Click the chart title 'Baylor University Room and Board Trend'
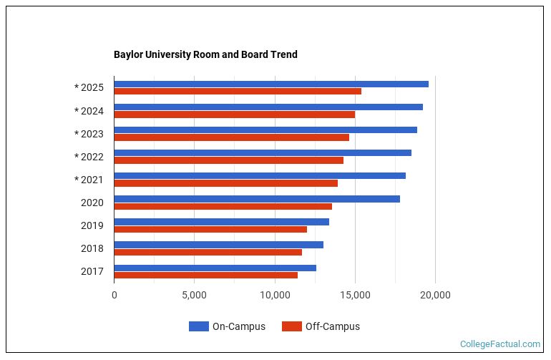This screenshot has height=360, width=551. [205, 54]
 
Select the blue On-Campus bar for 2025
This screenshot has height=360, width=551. [271, 84]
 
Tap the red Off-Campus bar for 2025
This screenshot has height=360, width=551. [238, 92]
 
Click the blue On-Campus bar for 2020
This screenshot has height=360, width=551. [257, 198]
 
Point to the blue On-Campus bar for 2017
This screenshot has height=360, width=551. [215, 268]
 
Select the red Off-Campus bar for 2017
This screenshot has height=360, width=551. [205, 275]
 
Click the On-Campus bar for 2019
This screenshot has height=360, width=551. [221, 222]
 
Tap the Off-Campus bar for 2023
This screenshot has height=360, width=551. [231, 137]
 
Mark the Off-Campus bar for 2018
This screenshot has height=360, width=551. [208, 252]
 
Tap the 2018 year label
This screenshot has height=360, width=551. [92, 248]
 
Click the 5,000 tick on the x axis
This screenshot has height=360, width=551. [194, 294]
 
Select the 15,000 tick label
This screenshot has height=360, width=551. [355, 294]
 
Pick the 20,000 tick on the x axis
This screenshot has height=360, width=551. [435, 294]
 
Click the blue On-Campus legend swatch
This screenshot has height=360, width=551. [198, 326]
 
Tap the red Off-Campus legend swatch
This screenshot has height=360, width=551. [291, 326]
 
